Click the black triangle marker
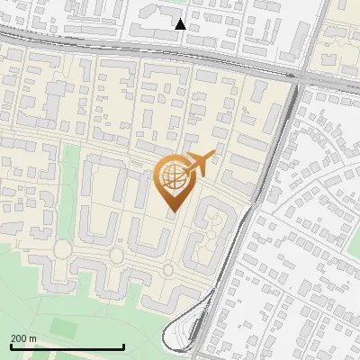[x=181, y=24]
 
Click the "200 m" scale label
[x=23, y=338]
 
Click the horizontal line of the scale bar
[x=67, y=346]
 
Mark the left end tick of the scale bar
[x=11, y=346]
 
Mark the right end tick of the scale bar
[x=123, y=346]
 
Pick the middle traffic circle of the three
[x=117, y=256]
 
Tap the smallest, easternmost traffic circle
[x=168, y=269]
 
